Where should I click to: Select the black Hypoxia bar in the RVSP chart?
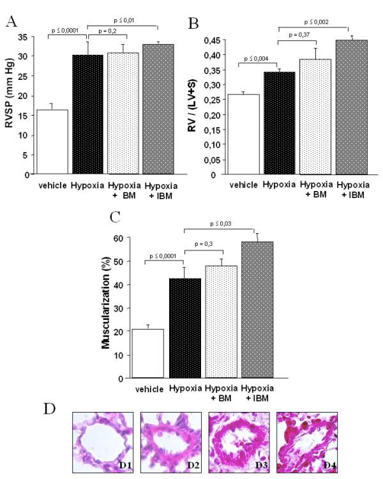point(88,115)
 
